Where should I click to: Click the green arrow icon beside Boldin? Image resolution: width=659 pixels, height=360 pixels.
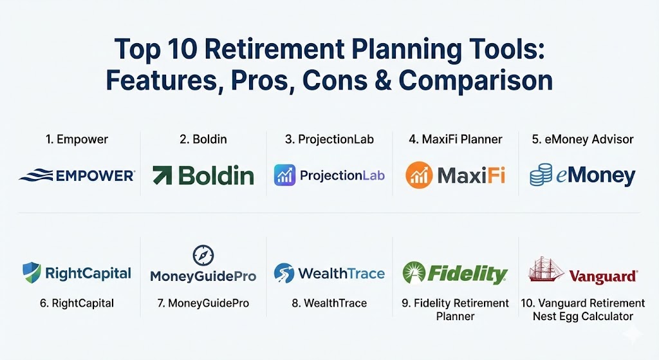[x=162, y=175]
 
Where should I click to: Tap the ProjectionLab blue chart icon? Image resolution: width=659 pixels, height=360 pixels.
[x=284, y=175]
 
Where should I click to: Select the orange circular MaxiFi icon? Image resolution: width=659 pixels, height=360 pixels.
[x=419, y=175]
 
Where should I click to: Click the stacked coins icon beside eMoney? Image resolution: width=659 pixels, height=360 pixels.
[x=541, y=175]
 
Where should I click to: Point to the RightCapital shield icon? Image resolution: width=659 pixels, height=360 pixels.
[x=32, y=272]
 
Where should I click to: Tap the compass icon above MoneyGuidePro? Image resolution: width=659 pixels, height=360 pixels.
[x=203, y=255]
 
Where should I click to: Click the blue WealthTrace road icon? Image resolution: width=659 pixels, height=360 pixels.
[x=284, y=273]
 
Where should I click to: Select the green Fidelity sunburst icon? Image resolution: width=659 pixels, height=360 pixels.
[x=414, y=272]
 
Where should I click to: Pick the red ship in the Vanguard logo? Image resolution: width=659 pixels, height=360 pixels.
[x=546, y=269]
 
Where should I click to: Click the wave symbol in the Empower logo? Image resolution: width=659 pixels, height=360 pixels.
[x=36, y=175]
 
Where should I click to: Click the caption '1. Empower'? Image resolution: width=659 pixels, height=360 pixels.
[x=77, y=139]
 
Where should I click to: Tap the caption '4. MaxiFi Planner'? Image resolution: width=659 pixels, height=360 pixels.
[x=456, y=139]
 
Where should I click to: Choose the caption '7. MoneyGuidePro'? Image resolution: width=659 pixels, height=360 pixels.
[x=203, y=303]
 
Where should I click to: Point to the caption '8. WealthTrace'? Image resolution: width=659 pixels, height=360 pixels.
[x=329, y=303]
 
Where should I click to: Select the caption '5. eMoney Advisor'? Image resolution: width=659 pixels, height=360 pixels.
[x=583, y=139]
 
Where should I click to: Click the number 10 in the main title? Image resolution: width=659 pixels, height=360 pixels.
[x=182, y=49]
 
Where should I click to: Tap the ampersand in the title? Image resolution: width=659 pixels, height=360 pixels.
[x=382, y=81]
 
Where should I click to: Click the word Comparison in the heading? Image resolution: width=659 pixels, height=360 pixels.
[x=476, y=81]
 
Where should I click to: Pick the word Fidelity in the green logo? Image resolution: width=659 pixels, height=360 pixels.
[x=467, y=274]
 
